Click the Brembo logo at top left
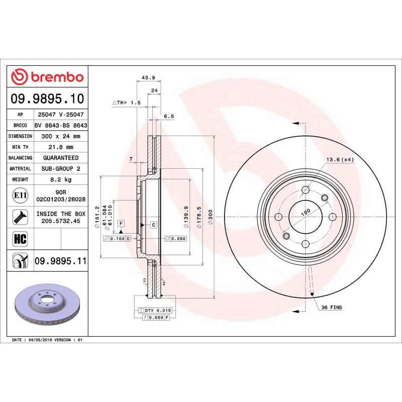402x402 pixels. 47,77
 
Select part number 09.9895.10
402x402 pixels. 47,98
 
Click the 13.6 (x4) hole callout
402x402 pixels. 340,159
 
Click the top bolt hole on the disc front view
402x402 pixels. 306,190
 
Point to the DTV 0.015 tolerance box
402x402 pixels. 157,311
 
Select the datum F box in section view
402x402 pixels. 121,223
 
